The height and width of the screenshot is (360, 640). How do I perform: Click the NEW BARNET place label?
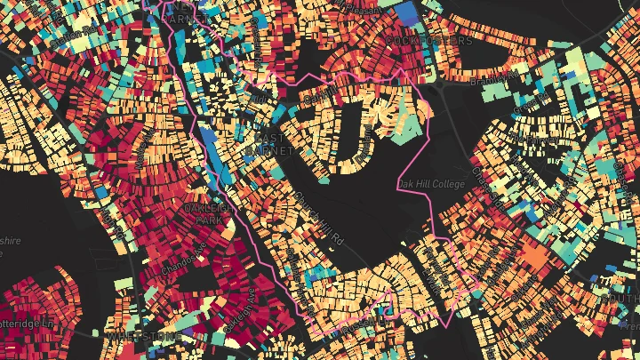pos(189,11)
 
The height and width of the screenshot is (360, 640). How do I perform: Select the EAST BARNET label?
pos(272,145)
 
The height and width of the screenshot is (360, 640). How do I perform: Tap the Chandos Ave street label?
pos(183,258)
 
